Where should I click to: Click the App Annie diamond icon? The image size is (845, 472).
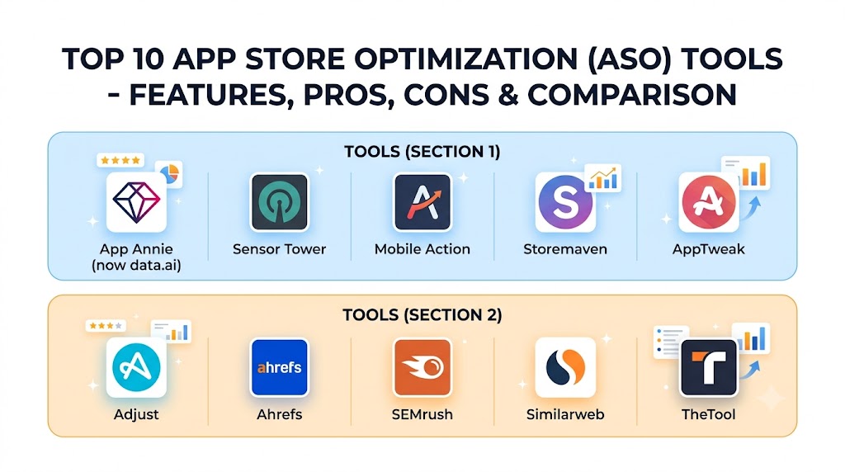[x=136, y=202]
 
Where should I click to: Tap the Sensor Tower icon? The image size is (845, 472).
[x=279, y=202]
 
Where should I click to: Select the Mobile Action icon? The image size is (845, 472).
[x=422, y=202]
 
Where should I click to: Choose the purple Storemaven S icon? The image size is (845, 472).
[x=565, y=203]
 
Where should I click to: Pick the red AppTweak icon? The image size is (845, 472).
[x=709, y=203]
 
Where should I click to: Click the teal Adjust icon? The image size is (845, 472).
[x=136, y=367]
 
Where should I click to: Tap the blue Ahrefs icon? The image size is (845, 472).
[x=279, y=367]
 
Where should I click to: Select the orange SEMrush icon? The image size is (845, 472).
[x=422, y=367]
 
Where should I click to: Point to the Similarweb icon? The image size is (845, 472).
[x=565, y=367]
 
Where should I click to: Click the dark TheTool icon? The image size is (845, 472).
[x=709, y=367]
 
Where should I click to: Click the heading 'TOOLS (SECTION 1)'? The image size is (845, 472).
[x=422, y=151]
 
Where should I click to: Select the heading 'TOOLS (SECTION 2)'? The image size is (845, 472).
[x=422, y=314]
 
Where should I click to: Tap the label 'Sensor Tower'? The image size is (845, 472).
[x=279, y=249]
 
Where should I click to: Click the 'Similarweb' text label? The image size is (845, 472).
[x=565, y=414]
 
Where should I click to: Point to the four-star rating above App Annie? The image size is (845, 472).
[x=120, y=160]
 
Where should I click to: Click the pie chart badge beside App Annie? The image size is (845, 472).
[x=169, y=173]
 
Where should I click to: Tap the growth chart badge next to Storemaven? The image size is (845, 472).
[x=603, y=178]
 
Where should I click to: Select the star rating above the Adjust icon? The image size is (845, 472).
[x=106, y=326]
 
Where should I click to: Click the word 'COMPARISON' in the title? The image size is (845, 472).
[x=632, y=95]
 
